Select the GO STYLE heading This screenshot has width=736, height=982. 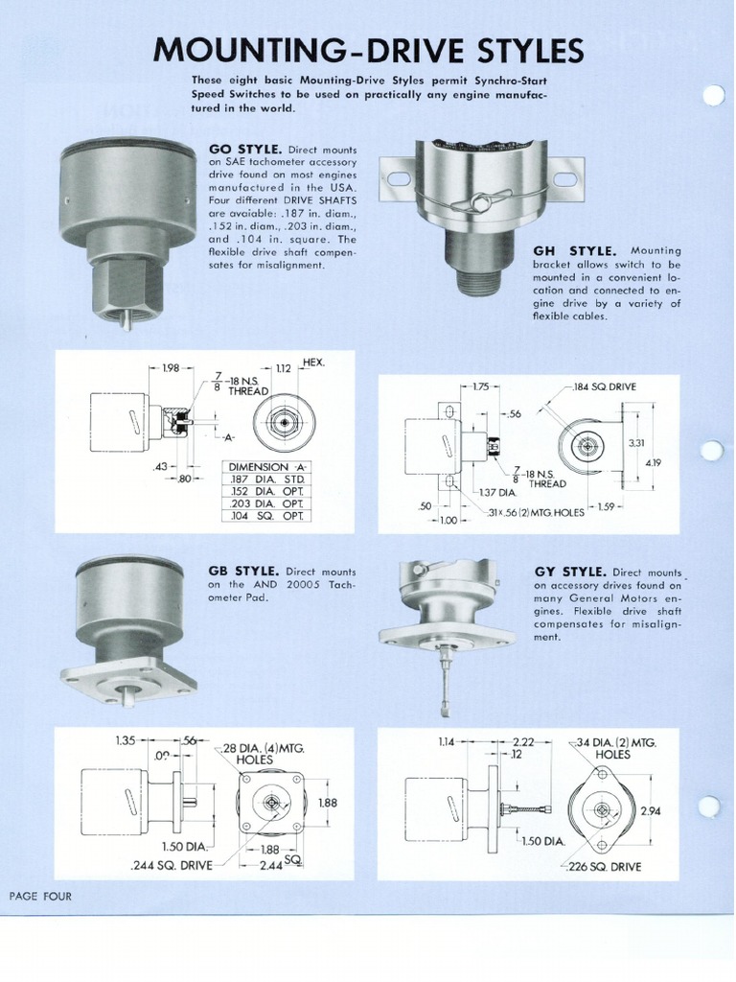pos(244,150)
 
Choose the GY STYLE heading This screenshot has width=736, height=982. pos(568,571)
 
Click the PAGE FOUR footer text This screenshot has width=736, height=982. pos(40,896)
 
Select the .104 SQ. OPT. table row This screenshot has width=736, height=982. pos(268,516)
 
